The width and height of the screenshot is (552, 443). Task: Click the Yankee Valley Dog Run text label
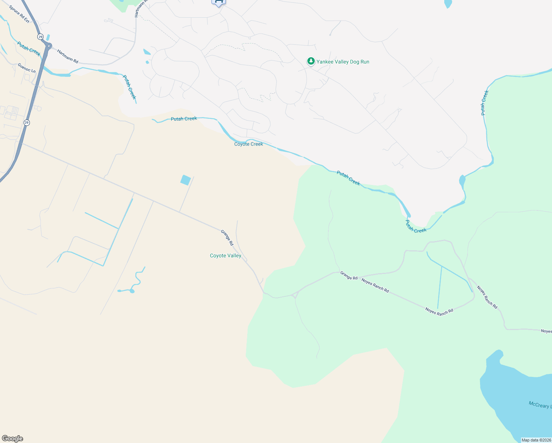[x=343, y=62]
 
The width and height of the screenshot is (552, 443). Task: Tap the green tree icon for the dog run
[x=311, y=61]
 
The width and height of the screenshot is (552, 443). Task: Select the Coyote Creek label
[x=248, y=144]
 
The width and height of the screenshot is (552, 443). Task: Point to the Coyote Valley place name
[x=225, y=255]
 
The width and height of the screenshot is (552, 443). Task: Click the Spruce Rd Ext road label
[x=19, y=14]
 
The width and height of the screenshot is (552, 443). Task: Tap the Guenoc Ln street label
[x=27, y=68]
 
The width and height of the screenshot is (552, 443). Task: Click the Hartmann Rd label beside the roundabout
[x=68, y=56]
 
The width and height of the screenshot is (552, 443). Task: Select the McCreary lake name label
[x=540, y=405]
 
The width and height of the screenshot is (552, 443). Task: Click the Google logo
[x=12, y=439]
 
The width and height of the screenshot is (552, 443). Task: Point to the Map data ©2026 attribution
[x=536, y=440]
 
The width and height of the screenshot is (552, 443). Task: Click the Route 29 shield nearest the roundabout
[x=40, y=37]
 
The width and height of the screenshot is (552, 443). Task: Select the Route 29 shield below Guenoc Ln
[x=27, y=123]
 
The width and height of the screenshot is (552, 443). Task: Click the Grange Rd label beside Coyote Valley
[x=227, y=238]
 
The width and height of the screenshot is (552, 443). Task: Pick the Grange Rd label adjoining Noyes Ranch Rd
[x=349, y=275]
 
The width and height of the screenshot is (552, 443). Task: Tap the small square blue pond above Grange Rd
[x=186, y=180]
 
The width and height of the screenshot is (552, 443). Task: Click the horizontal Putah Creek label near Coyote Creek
[x=184, y=119]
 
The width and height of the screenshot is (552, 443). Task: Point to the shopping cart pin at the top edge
[x=218, y=2]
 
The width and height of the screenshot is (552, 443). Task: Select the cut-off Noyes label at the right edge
[x=546, y=331]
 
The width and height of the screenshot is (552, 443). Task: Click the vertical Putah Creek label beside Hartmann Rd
[x=130, y=87]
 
